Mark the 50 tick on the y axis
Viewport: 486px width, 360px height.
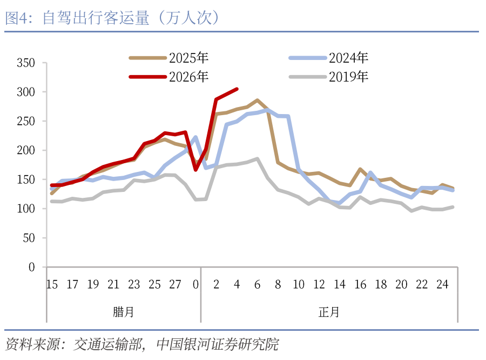pos(29,238)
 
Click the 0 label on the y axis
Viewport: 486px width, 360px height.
pos(31,268)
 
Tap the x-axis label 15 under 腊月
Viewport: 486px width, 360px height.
pos(52,285)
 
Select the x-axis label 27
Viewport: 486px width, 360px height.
pos(175,285)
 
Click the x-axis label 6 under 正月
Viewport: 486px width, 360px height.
pos(258,285)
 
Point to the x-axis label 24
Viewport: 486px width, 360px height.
pos(442,285)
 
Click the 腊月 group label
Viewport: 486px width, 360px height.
pos(124,312)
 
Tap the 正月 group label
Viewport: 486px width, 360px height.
pos(329,312)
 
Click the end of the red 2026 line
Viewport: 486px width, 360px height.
pos(237,89)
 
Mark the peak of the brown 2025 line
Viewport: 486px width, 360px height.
pos(257,101)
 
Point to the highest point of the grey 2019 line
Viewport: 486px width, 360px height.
pos(257,159)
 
